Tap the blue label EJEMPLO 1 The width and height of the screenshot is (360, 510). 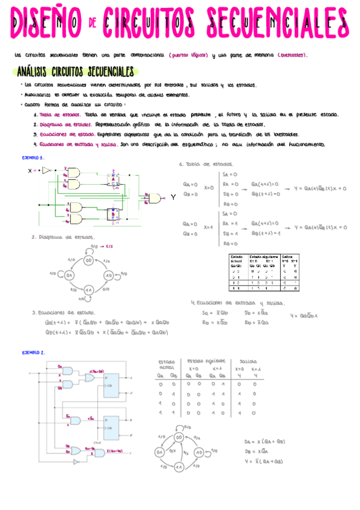tap(32, 157)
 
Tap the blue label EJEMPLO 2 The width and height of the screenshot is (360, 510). tap(32, 352)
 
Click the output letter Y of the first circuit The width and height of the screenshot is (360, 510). tap(173, 197)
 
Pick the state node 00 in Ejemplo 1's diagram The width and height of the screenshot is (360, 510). tap(88, 260)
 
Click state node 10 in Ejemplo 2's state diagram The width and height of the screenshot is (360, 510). tap(200, 452)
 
